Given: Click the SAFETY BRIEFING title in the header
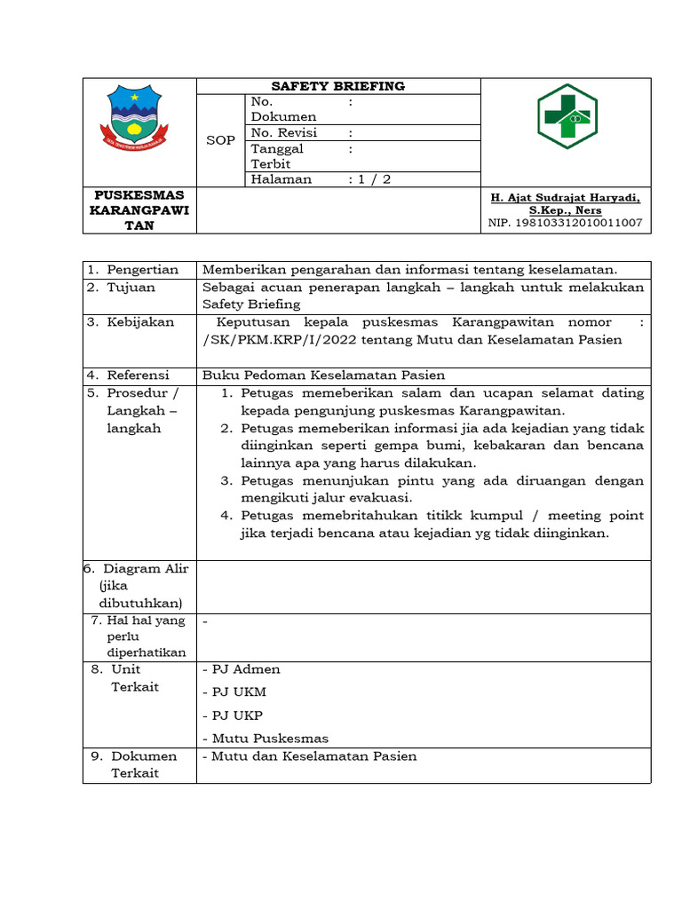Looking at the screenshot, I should click(337, 86).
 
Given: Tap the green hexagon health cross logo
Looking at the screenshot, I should click(567, 116).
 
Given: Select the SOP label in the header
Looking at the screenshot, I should click(220, 140).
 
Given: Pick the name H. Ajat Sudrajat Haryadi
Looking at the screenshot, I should click(565, 198).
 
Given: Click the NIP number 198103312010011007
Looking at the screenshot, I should click(565, 223).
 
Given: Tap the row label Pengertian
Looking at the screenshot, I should click(142, 270).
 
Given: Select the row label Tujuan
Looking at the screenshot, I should click(131, 288).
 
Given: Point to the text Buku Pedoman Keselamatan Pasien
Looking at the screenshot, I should click(323, 375).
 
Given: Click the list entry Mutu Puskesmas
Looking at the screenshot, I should click(266, 739).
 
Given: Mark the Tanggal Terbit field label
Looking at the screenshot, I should click(277, 156).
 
